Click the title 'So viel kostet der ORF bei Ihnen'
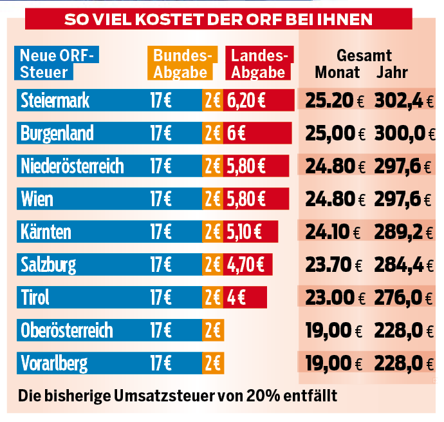click(x=219, y=19)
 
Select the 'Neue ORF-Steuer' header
click(x=57, y=63)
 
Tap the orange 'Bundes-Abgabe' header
click(x=180, y=63)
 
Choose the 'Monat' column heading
click(x=337, y=72)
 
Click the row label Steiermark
click(x=55, y=101)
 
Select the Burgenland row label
click(x=57, y=133)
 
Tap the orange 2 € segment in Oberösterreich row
click(x=212, y=331)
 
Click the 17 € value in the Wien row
click(x=161, y=198)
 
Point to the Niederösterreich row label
click(x=72, y=166)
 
